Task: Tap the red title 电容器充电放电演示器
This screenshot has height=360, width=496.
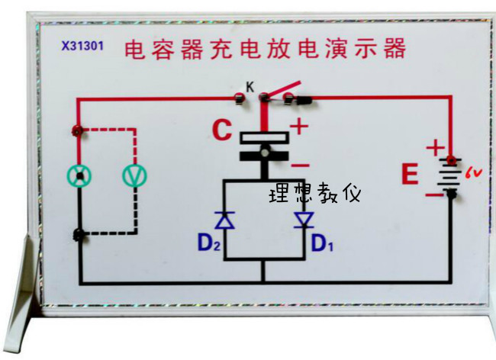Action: click(265, 50)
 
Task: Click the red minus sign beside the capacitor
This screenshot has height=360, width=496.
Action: click(300, 163)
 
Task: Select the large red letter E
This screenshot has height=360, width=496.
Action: click(410, 176)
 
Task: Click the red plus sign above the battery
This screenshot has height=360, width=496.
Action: click(434, 147)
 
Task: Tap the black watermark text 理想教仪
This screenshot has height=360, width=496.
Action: click(314, 194)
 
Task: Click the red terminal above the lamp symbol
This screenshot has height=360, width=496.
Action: click(76, 130)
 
